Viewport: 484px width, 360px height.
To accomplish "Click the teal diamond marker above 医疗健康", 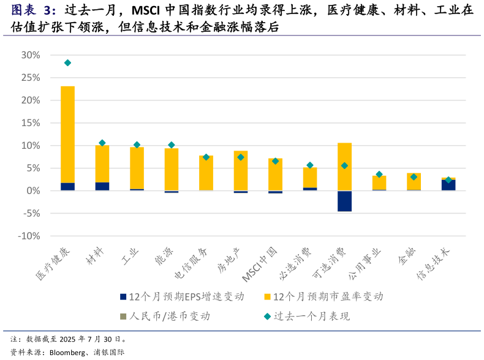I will click(x=67, y=63).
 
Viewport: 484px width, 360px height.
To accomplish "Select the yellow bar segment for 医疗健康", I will click(x=67, y=135).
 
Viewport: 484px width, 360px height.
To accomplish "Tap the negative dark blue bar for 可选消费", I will click(x=344, y=201).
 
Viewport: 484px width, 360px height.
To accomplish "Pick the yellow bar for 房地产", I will click(x=241, y=171).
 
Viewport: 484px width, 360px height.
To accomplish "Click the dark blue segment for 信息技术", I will click(x=448, y=185).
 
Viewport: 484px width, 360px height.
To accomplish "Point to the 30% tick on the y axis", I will click(x=31, y=55).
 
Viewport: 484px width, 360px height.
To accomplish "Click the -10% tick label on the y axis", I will click(x=29, y=236).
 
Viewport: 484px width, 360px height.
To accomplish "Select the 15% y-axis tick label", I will click(x=31, y=123).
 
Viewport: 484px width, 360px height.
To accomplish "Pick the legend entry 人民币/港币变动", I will click(x=169, y=317).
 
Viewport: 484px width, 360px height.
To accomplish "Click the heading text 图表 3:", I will click(x=34, y=10).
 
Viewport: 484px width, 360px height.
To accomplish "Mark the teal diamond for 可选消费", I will click(x=344, y=166).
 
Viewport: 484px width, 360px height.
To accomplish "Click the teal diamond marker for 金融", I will click(x=414, y=177).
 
